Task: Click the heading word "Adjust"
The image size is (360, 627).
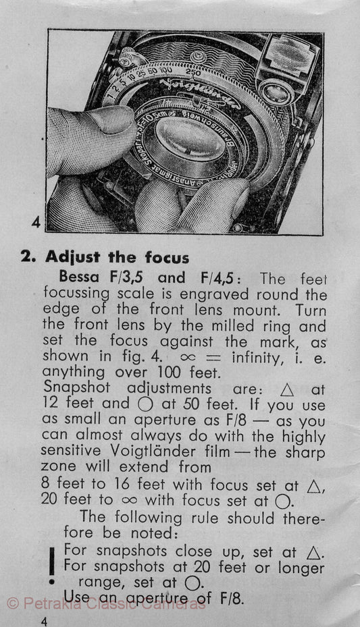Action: (x=72, y=256)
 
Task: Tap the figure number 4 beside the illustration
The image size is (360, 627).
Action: (x=36, y=222)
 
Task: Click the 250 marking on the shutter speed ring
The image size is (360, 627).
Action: (x=192, y=72)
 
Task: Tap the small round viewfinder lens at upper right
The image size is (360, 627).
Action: (x=276, y=92)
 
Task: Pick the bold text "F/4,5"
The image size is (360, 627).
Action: (x=217, y=277)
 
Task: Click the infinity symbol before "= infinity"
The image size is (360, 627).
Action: (x=188, y=357)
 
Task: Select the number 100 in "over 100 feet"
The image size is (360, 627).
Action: (x=169, y=373)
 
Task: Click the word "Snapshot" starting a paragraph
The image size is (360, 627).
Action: (x=77, y=388)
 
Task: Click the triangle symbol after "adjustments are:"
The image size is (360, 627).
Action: (x=287, y=390)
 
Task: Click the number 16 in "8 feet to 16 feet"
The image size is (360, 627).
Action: (x=122, y=484)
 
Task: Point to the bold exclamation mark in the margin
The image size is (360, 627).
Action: (x=51, y=566)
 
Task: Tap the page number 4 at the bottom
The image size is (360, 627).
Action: (x=44, y=621)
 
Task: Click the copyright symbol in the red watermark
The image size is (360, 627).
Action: (x=14, y=603)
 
